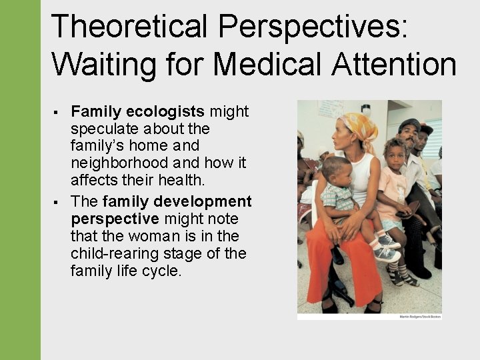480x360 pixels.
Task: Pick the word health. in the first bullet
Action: [189, 180]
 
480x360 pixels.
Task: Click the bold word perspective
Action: [115, 219]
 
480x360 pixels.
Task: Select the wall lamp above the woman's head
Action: [366, 108]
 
